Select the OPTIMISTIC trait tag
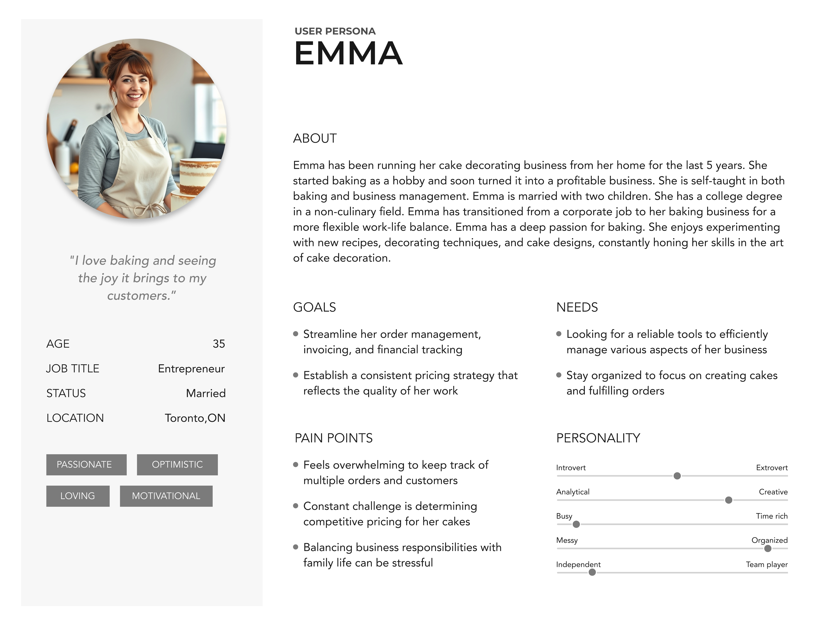tap(177, 465)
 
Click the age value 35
tap(219, 344)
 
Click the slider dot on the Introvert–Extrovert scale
tap(677, 476)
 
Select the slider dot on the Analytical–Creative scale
tap(729, 500)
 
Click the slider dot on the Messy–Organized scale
tap(768, 548)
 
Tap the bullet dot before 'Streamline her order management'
tap(296, 334)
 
